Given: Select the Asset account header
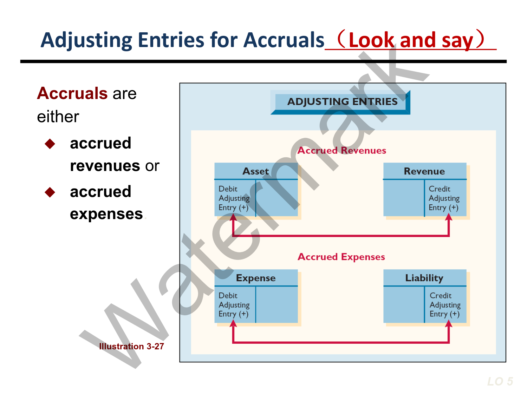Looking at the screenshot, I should pyautogui.click(x=255, y=171).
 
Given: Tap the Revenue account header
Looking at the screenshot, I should pyautogui.click(x=424, y=171).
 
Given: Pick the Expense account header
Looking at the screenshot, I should pyautogui.click(x=255, y=278).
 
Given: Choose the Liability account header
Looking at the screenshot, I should pyautogui.click(x=424, y=278).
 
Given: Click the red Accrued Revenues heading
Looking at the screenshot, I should pyautogui.click(x=341, y=151).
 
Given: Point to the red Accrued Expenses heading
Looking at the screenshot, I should pyautogui.click(x=341, y=257).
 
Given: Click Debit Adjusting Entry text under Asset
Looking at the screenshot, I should pyautogui.click(x=234, y=198).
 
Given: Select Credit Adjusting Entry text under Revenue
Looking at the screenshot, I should pyautogui.click(x=444, y=198).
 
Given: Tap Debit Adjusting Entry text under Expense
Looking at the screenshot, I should pyautogui.click(x=234, y=305).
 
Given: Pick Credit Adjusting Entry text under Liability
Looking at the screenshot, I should pyautogui.click(x=445, y=305).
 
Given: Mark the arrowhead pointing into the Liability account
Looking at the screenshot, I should pyautogui.click(x=449, y=324).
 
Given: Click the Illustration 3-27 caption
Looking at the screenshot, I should pyautogui.click(x=131, y=347).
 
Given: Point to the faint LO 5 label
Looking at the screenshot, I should pyautogui.click(x=500, y=381).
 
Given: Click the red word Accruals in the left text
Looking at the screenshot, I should pyautogui.click(x=72, y=93).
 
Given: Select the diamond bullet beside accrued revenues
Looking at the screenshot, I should pyautogui.click(x=50, y=144).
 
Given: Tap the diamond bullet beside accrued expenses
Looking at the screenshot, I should pyautogui.click(x=50, y=192).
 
